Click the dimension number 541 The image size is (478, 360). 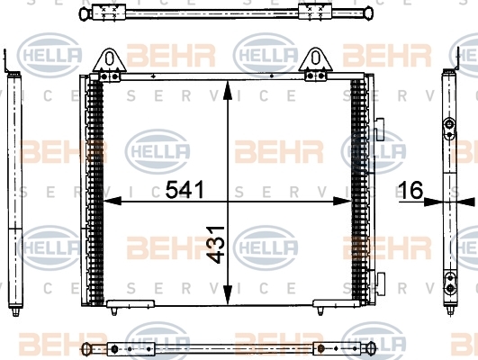tap(185, 190)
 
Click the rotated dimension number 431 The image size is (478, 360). tap(215, 245)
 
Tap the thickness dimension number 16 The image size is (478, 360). tap(410, 190)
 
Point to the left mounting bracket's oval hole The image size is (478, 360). tap(109, 58)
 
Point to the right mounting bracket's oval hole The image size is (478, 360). tap(316, 58)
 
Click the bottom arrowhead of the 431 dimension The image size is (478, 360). tap(228, 295)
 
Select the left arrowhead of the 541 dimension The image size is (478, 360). tap(113, 202)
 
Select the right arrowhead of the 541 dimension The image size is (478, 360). tap(343, 202)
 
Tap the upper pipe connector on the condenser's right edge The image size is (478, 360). tap(379, 130)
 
